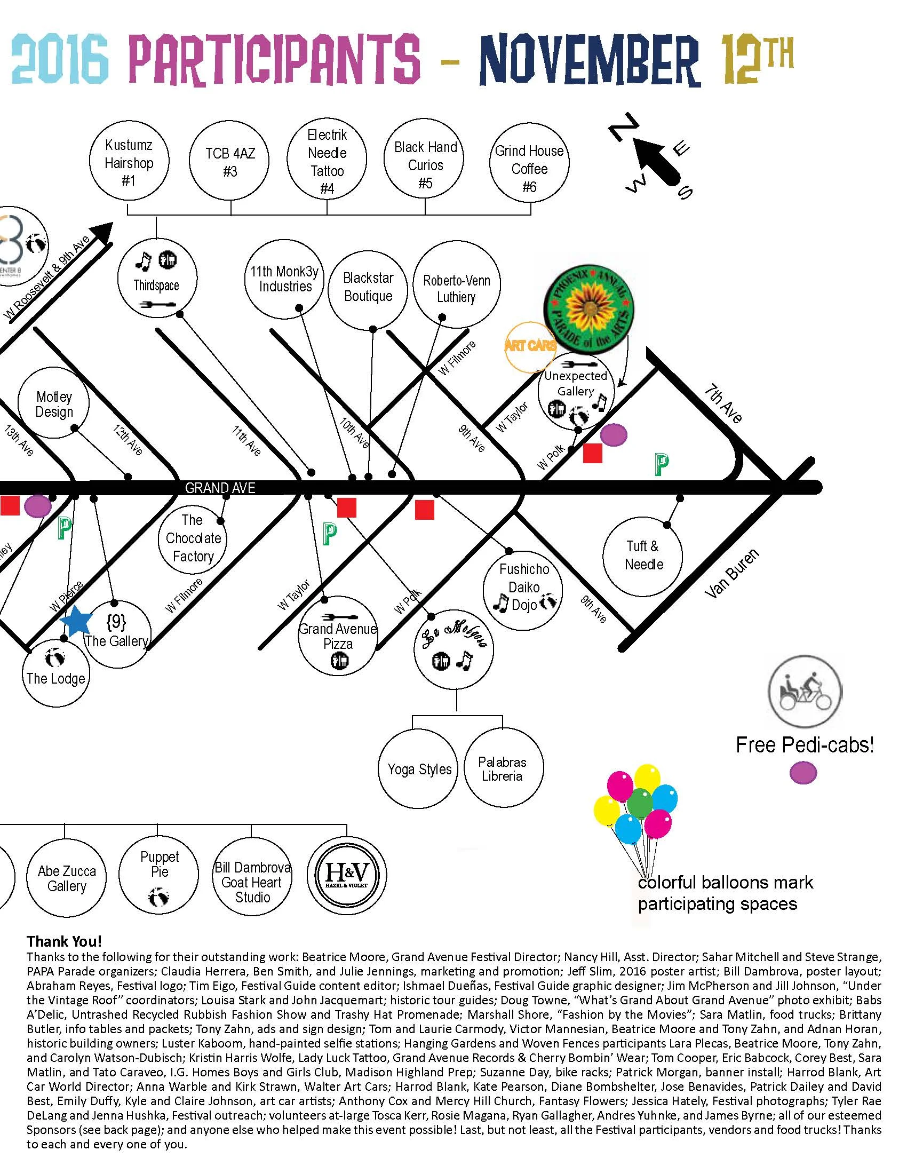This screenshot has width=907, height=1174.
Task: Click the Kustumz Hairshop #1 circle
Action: pos(129,162)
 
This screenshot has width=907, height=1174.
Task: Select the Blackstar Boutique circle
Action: pos(368,287)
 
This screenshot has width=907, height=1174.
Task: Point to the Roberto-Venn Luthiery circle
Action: pos(456,285)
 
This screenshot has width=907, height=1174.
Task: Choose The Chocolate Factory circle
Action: pos(193,537)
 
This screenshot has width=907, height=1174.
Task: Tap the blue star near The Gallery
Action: pos(76,620)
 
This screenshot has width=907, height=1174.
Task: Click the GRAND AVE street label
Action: pos(220,488)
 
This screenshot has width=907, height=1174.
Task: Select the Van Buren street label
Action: pos(732,573)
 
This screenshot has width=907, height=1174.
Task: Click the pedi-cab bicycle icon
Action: pos(805,691)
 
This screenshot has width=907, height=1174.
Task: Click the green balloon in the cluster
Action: pos(639,803)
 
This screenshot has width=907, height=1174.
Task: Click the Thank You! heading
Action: pos(64,941)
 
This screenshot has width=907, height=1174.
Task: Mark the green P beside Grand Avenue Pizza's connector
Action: pos(330,533)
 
